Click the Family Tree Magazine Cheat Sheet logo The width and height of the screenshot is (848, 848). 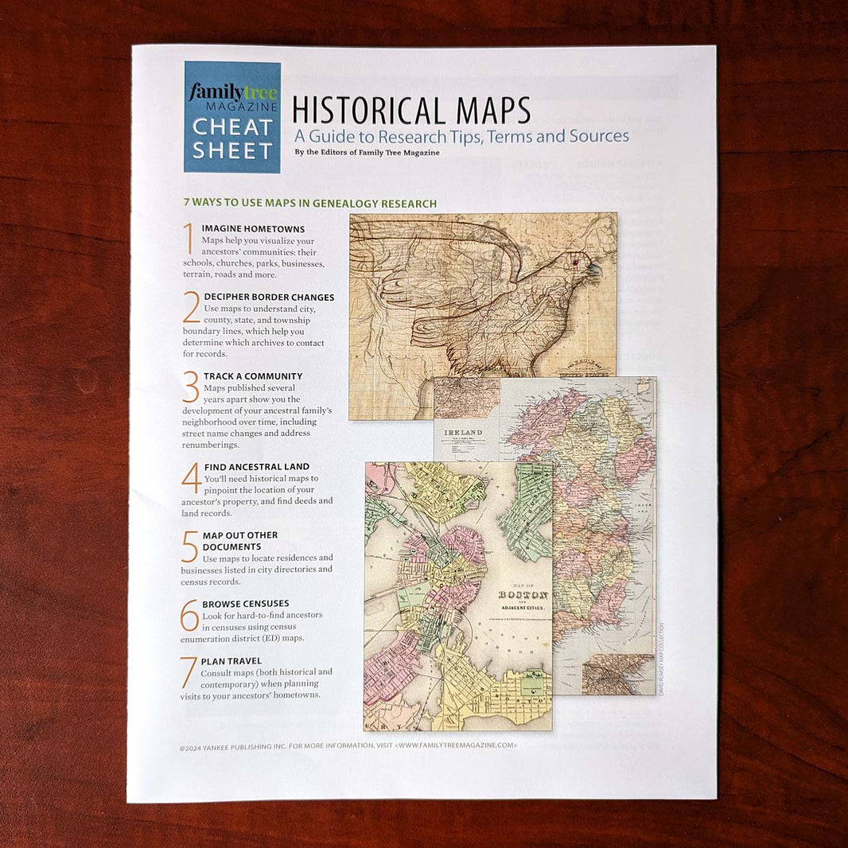231,117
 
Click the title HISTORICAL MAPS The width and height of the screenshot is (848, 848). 411,110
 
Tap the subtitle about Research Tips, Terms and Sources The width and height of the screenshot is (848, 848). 461,136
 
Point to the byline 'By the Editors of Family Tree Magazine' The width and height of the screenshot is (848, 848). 367,153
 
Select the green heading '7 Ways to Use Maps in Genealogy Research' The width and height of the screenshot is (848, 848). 309,204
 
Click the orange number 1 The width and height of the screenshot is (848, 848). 189,238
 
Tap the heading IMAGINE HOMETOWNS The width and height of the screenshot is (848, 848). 253,229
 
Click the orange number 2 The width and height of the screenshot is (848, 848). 191,307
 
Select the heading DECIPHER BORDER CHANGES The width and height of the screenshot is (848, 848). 269,298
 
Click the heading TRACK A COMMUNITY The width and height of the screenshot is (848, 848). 253,376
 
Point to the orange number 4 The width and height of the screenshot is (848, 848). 191,477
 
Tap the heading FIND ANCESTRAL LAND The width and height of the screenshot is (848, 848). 256,467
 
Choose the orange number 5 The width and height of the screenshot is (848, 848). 190,547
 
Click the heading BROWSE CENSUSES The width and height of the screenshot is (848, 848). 246,604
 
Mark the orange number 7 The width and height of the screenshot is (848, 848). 189,671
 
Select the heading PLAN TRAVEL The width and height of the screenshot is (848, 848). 231,661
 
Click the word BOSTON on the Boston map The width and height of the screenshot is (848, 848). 523,595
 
